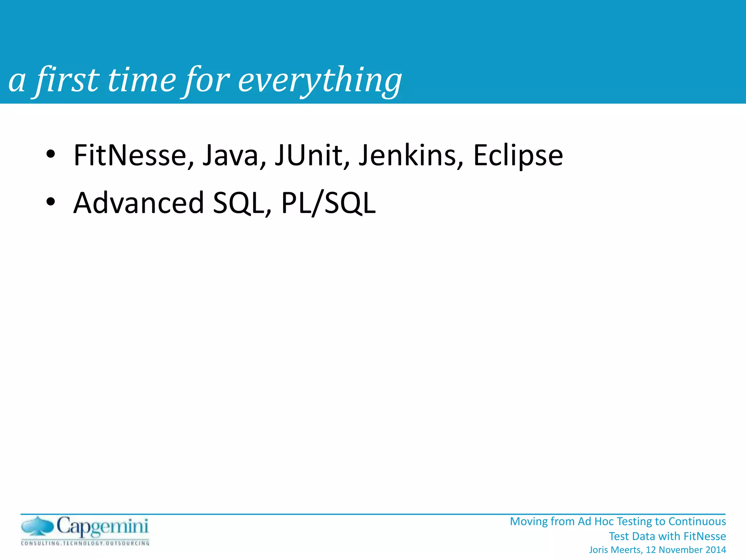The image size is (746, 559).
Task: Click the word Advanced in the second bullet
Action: (x=138, y=203)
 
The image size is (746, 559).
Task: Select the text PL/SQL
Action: (x=328, y=203)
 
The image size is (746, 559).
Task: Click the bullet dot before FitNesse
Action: (x=51, y=154)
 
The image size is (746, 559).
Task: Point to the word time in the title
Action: (x=142, y=80)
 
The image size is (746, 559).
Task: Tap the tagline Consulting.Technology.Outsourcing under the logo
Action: (x=85, y=543)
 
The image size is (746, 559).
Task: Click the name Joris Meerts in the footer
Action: (x=615, y=550)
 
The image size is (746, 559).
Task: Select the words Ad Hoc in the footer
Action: (x=596, y=522)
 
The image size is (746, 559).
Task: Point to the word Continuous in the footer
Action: (x=697, y=522)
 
